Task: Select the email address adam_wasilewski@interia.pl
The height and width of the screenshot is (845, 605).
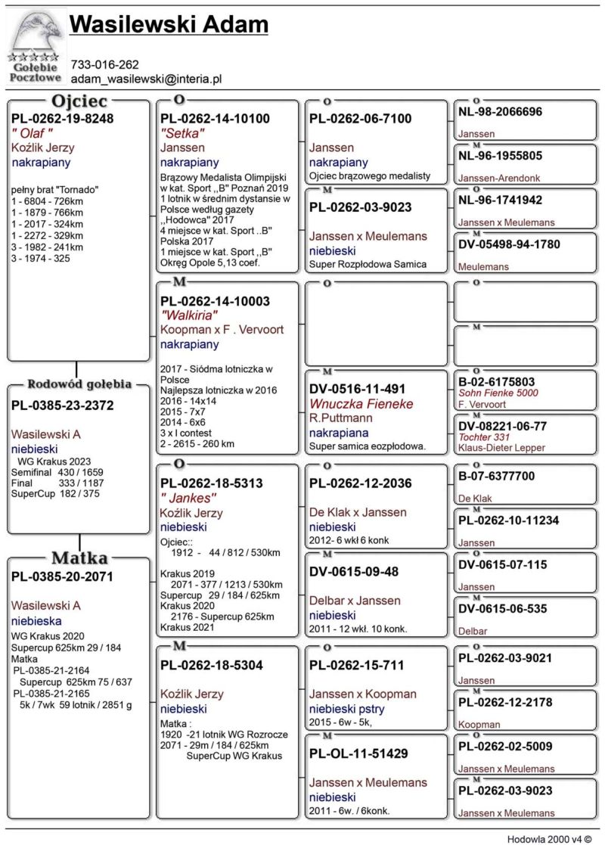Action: coord(145,78)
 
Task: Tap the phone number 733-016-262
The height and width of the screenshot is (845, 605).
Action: coord(104,64)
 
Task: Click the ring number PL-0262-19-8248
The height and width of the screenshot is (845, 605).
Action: coord(62,119)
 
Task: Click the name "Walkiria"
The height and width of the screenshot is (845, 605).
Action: coord(189,315)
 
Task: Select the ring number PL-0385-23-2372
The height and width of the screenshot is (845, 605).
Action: coord(62,405)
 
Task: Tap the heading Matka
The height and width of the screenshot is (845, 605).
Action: coord(79,558)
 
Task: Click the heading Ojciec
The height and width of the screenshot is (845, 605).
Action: coord(79,101)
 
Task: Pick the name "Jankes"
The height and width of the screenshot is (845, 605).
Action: coord(188,499)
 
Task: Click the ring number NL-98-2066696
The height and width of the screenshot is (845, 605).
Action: coord(500,112)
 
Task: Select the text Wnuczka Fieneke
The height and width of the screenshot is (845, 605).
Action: coord(361,404)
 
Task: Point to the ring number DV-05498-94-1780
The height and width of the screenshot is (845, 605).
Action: coord(509,244)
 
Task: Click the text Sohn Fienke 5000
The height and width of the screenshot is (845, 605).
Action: coord(498,393)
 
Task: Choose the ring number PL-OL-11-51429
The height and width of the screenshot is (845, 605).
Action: coord(358,753)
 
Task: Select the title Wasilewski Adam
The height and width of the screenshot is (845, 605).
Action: coord(168,25)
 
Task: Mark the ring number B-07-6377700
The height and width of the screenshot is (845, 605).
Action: coord(496,477)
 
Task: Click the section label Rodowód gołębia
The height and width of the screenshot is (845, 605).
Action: coord(79,384)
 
